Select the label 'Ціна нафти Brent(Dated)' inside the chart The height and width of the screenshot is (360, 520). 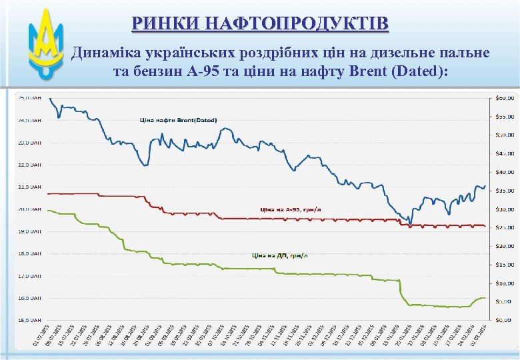coord(178,120)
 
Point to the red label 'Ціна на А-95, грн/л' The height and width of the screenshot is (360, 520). coord(289,209)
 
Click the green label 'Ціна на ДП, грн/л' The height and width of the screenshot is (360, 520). coord(280,255)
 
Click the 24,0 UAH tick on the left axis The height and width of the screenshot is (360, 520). coord(29,120)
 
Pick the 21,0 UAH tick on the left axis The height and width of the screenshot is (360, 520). coord(29,187)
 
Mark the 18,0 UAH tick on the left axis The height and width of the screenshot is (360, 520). coord(29,253)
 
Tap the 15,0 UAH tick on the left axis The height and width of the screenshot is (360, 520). coord(29,319)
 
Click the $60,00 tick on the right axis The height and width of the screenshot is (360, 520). coord(505,99)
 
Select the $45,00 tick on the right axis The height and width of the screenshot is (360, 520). coord(505,154)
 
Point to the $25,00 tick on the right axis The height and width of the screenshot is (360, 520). coord(505,228)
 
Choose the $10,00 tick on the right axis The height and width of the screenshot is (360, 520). coord(505,283)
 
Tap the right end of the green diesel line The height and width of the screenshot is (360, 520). coord(485,298)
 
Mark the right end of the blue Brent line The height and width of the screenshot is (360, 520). coord(485,187)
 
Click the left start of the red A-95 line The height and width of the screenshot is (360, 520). coord(49,193)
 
